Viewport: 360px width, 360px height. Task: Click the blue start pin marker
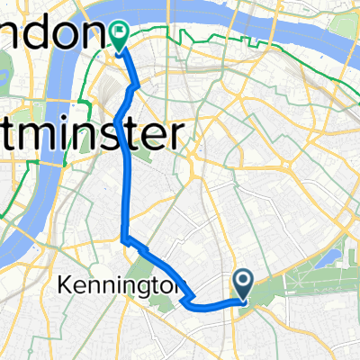(x=244, y=283)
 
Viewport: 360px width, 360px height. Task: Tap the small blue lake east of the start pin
(x=335, y=260)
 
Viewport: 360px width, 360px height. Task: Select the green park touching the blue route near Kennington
(x=139, y=271)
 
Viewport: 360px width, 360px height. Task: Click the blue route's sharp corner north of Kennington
(x=122, y=239)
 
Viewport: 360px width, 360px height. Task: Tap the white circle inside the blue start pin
(x=244, y=280)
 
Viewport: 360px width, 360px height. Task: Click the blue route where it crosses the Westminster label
(x=122, y=137)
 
